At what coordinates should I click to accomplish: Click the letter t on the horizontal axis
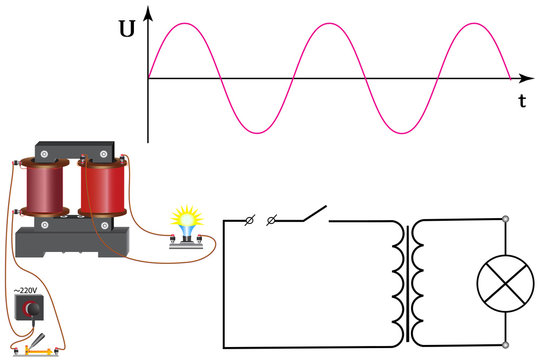coord(521,102)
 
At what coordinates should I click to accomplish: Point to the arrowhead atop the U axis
coord(148,12)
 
